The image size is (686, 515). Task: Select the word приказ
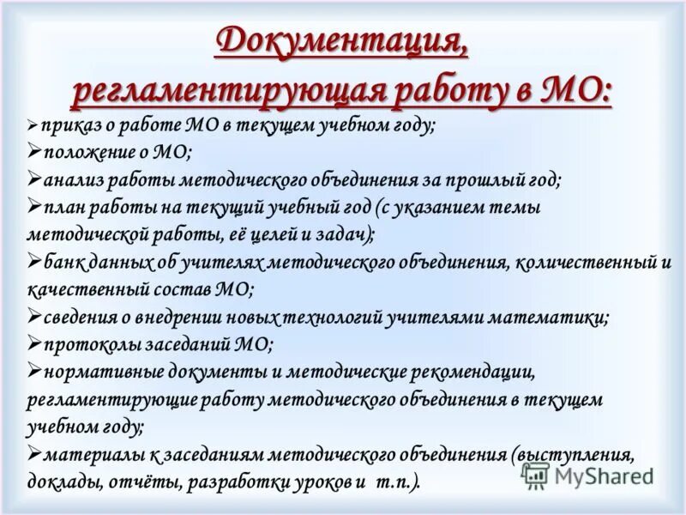point(63,125)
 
